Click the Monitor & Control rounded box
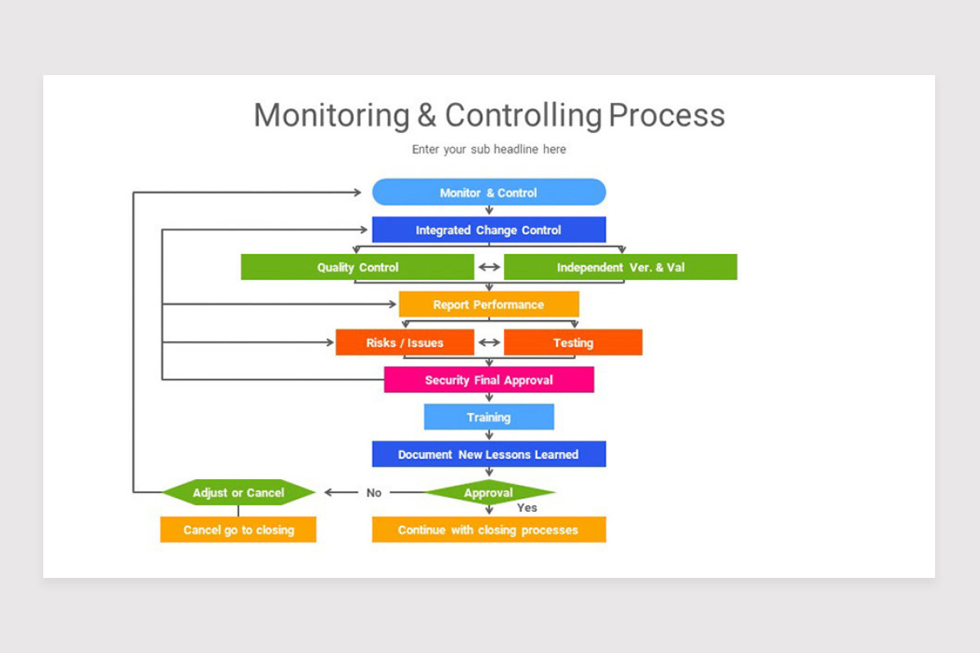(488, 193)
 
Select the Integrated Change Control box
(488, 230)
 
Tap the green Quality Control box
(358, 267)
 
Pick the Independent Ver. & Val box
(621, 267)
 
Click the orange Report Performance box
(488, 304)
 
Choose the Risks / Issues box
(404, 343)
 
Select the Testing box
(573, 343)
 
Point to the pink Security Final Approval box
(488, 380)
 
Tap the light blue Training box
(488, 417)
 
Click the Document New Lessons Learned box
(488, 455)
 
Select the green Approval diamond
(488, 492)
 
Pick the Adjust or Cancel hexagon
(238, 492)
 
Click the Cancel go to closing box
(238, 530)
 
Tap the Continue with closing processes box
(488, 530)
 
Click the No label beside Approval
(374, 493)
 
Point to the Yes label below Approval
(528, 508)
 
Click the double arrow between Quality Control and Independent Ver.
(489, 267)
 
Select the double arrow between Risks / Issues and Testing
(489, 343)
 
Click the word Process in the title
(666, 115)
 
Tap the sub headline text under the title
(488, 149)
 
